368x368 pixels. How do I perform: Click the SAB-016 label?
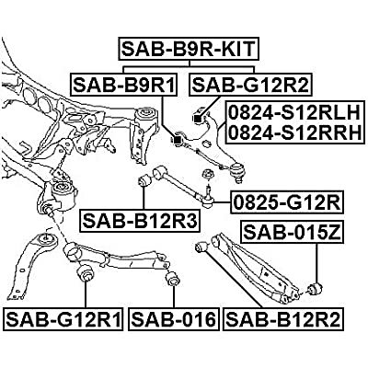(x=173, y=320)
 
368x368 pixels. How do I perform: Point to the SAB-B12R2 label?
(x=280, y=320)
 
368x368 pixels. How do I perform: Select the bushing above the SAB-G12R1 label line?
(x=86, y=274)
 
